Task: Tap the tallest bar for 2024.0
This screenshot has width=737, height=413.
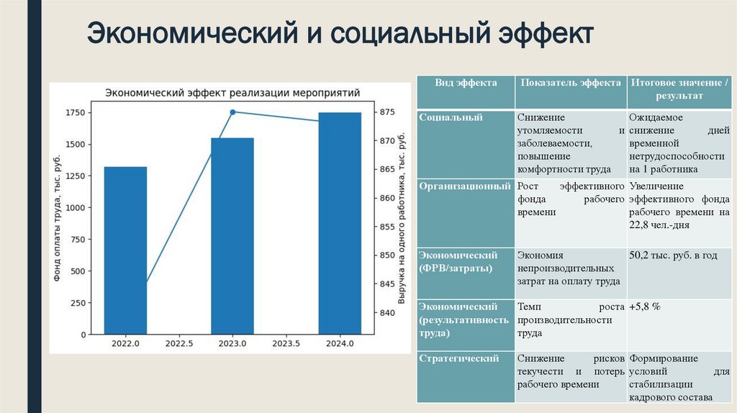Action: click(340, 223)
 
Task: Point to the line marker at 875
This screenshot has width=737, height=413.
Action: click(232, 112)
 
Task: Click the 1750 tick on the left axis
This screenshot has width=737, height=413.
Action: click(74, 113)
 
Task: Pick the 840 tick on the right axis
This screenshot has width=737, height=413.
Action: click(386, 313)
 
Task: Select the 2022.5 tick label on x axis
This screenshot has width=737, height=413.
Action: click(178, 345)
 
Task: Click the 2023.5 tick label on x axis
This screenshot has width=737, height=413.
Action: click(286, 345)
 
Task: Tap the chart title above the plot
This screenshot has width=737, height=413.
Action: click(232, 93)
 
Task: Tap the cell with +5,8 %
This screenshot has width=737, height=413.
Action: click(645, 307)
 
